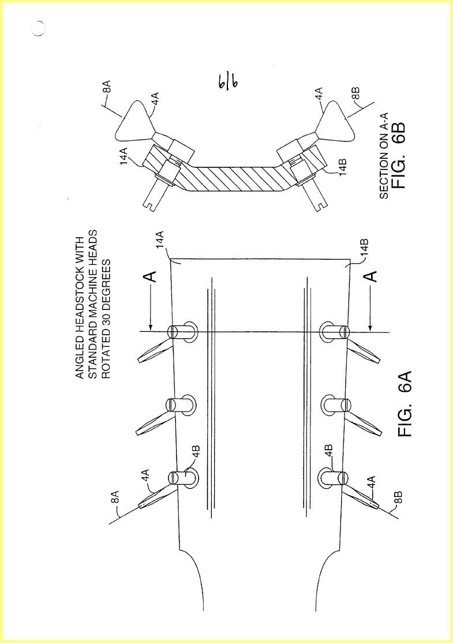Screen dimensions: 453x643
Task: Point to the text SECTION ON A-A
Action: (x=384, y=155)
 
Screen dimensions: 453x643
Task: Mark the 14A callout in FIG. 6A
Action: (x=160, y=238)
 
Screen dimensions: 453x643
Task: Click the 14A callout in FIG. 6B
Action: (x=125, y=156)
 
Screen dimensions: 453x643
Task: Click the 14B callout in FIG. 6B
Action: (x=343, y=167)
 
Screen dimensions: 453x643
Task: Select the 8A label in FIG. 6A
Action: (x=116, y=496)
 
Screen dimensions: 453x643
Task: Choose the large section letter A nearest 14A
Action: (x=152, y=276)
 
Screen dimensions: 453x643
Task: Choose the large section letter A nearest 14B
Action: (x=371, y=276)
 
